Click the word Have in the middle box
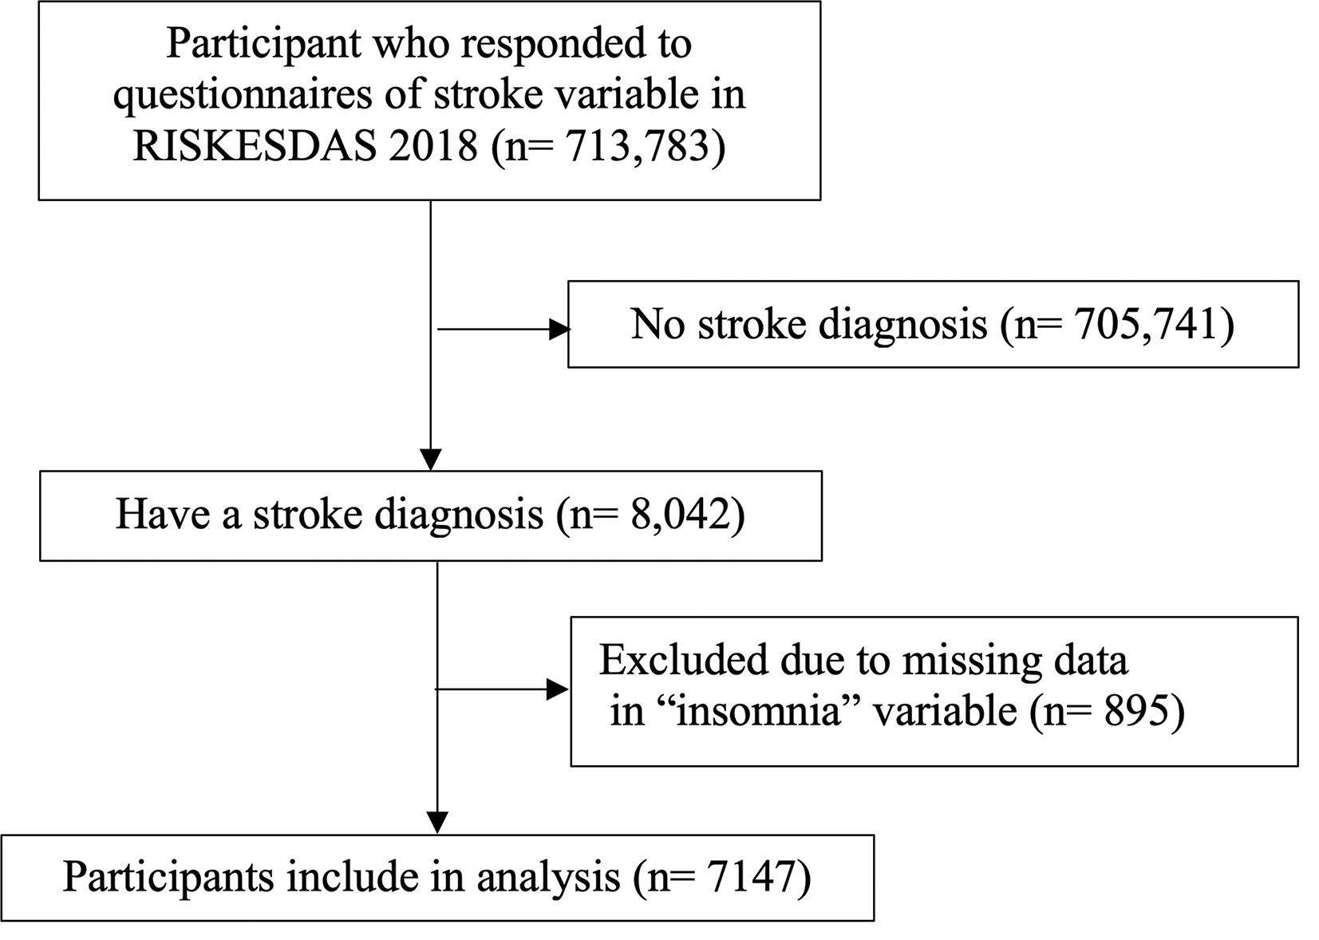click(x=163, y=514)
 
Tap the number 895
click(x=1138, y=710)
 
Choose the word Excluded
click(x=684, y=660)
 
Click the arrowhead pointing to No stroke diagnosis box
click(x=559, y=330)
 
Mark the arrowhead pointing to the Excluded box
click(x=558, y=689)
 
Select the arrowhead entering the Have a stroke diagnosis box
click(x=431, y=460)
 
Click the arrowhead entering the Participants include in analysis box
click(x=437, y=823)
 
